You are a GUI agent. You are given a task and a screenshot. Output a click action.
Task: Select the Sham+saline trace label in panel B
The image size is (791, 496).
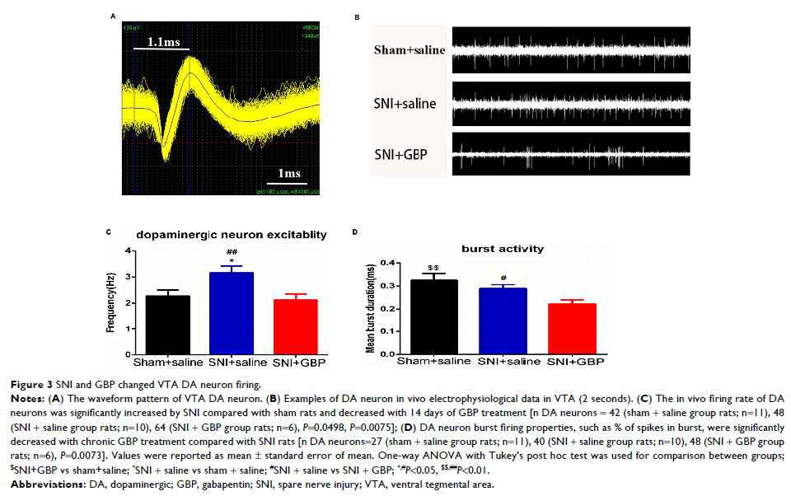tap(410, 50)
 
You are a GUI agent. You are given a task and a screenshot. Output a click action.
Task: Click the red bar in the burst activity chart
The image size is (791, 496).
tap(572, 330)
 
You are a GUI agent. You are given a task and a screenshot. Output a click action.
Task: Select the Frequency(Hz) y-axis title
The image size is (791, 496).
tap(110, 304)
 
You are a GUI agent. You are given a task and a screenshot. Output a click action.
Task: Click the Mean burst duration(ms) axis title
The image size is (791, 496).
tap(372, 307)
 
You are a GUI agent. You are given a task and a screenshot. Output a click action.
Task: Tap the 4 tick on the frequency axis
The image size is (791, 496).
tap(128, 250)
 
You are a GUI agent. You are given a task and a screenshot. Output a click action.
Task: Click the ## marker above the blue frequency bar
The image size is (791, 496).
tap(232, 251)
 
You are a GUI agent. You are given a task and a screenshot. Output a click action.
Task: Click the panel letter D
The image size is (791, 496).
tap(355, 232)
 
